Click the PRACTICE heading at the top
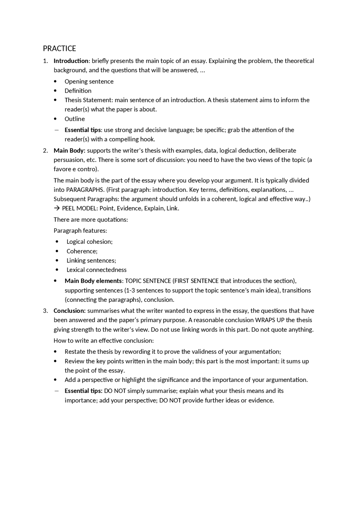[x=59, y=49]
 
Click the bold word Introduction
[x=71, y=61]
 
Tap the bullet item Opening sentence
[x=89, y=82]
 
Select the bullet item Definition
[x=78, y=91]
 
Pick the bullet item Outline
[x=75, y=119]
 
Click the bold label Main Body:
[x=69, y=151]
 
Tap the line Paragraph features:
[x=80, y=231]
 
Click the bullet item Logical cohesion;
[x=89, y=242]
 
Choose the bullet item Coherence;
[x=82, y=251]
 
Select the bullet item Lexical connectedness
[x=96, y=270]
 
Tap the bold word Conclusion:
[x=69, y=311]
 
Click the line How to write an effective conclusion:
[x=103, y=341]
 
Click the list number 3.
[x=45, y=311]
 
